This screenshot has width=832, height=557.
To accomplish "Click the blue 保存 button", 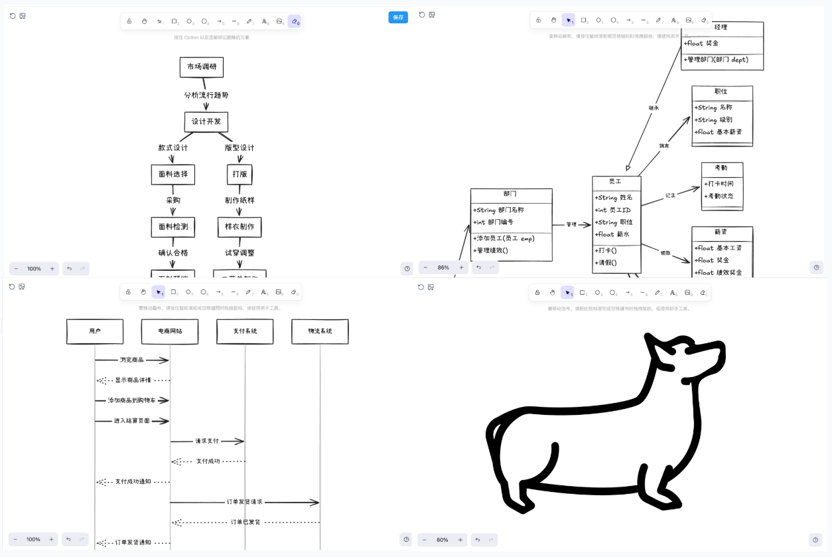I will [x=398, y=17].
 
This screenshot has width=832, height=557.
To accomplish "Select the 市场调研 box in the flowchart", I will [x=202, y=67].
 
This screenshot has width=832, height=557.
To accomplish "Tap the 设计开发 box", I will [x=206, y=121].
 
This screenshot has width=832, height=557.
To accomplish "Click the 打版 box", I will [x=240, y=174].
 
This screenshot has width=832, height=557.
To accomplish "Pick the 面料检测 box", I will [x=173, y=226].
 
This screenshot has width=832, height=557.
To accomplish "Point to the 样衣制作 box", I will [x=240, y=226].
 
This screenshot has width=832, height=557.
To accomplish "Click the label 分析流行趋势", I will [x=206, y=95].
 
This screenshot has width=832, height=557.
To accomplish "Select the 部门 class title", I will [x=510, y=194].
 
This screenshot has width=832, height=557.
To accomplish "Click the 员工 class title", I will [x=616, y=181].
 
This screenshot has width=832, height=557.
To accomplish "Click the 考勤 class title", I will [x=721, y=168].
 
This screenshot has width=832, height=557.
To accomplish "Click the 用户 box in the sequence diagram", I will [x=95, y=331].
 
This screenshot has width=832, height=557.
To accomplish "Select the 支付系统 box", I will [x=245, y=331].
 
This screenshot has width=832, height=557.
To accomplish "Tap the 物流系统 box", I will [x=320, y=331].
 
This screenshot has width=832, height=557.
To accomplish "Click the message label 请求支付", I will [x=207, y=441].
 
